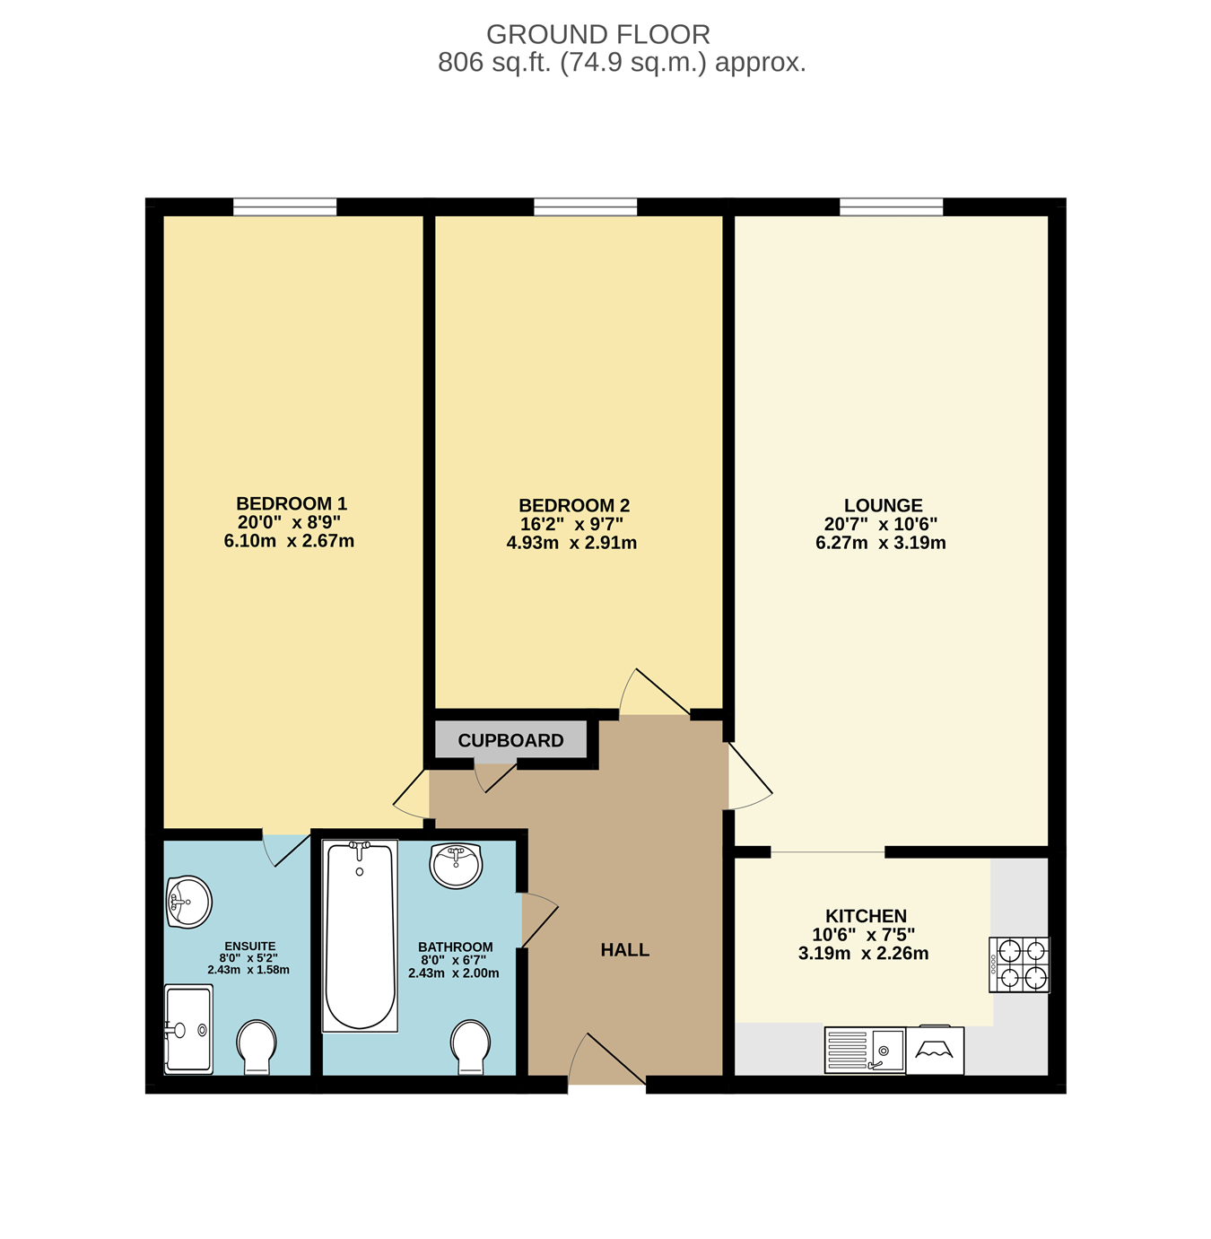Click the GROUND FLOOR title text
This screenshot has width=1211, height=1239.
click(x=597, y=34)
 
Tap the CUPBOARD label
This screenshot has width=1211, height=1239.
click(x=510, y=740)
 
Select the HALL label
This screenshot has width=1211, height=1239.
click(x=624, y=950)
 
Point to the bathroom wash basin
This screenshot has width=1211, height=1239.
click(x=456, y=866)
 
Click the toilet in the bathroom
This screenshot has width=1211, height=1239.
click(x=471, y=1048)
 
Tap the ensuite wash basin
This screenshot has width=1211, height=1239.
click(x=189, y=902)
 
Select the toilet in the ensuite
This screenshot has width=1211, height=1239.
click(x=257, y=1048)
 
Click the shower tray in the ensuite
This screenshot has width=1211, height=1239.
click(x=188, y=1030)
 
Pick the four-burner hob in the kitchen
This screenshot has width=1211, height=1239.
click(x=1019, y=964)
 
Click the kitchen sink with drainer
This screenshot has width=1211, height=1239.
click(x=864, y=1050)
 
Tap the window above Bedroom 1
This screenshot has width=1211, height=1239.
click(x=284, y=207)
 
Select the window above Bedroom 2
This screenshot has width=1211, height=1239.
click(x=585, y=207)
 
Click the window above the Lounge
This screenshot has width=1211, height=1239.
click(x=891, y=207)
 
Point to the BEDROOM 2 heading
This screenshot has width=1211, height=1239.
click(x=574, y=505)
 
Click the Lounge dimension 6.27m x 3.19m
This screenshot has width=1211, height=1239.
click(x=881, y=543)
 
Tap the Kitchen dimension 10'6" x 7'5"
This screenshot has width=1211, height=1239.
click(x=863, y=935)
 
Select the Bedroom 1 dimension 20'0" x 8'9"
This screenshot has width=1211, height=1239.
click(x=289, y=523)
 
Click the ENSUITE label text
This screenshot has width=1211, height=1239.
click(x=250, y=947)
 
